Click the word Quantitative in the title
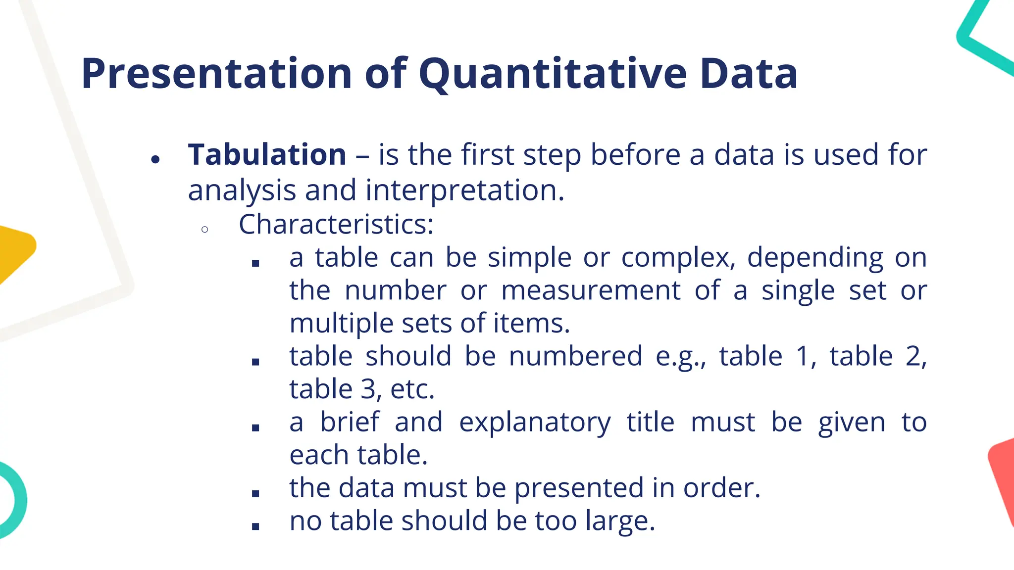click(553, 74)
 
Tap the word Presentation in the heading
click(216, 74)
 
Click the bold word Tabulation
click(267, 154)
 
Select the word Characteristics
click(335, 225)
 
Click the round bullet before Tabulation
click(155, 159)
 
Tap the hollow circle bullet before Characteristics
click(205, 230)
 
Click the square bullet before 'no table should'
click(255, 526)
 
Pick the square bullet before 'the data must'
click(255, 493)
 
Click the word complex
click(677, 258)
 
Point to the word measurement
click(591, 290)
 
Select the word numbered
click(575, 356)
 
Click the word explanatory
click(535, 423)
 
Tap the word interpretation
click(464, 190)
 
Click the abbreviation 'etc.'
click(412, 389)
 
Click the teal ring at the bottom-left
click(17, 500)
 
